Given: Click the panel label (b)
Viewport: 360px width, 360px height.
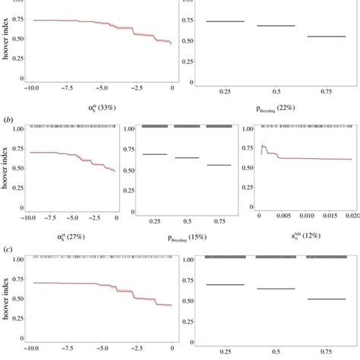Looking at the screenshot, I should click(x=8, y=120).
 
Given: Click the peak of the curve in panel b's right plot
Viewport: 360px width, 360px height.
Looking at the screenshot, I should click(x=263, y=146).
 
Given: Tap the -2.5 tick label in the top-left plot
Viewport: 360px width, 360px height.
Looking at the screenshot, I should click(x=137, y=89).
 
